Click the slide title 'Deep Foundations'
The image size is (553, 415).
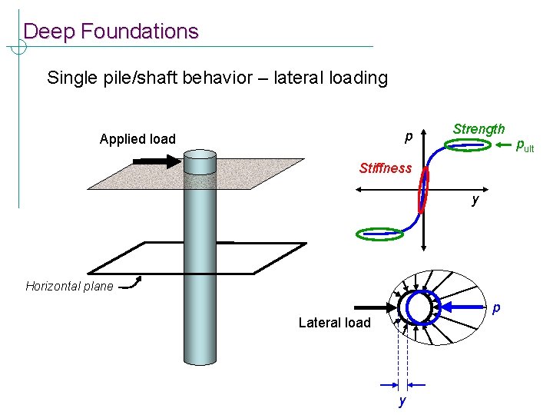pyautogui.click(x=111, y=32)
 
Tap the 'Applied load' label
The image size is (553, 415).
pyautogui.click(x=137, y=139)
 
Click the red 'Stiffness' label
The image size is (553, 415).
pyautogui.click(x=385, y=168)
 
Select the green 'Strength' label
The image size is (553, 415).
pyautogui.click(x=478, y=129)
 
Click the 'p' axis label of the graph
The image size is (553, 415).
pyautogui.click(x=409, y=138)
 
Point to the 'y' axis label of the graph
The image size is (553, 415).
pyautogui.click(x=476, y=200)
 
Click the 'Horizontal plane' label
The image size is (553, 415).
pyautogui.click(x=69, y=287)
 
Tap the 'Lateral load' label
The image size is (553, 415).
pyautogui.click(x=334, y=323)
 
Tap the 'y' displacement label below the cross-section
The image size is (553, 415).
pyautogui.click(x=400, y=401)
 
